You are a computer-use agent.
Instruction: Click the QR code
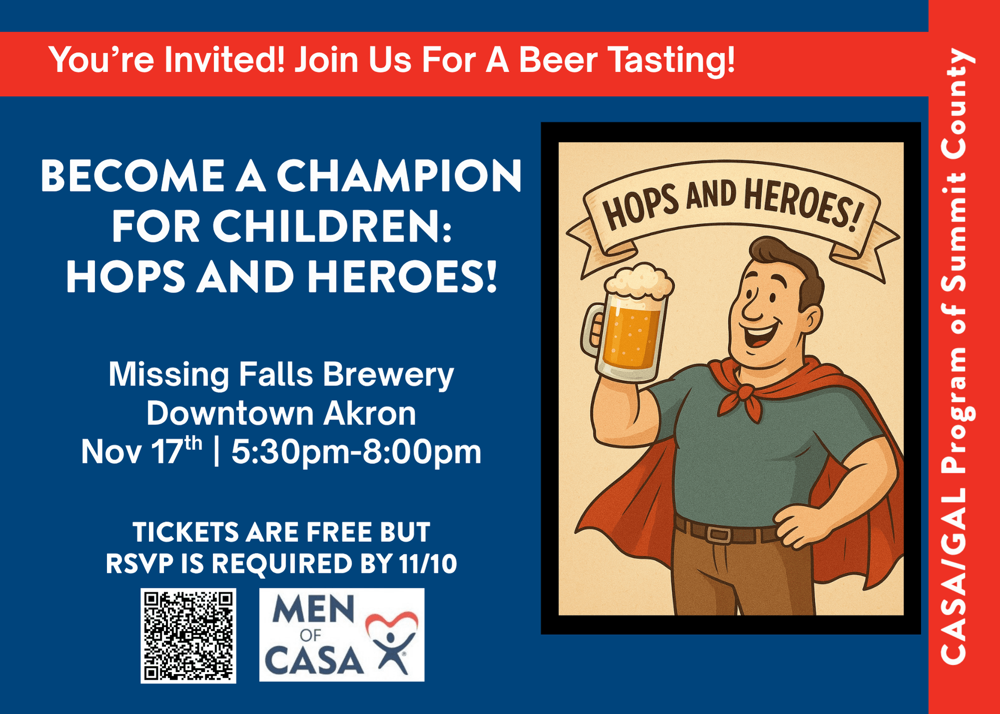tap(188, 635)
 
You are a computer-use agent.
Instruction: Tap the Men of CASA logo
tap(341, 634)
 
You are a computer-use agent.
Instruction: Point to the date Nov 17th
tap(141, 451)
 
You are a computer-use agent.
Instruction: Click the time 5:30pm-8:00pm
tap(356, 452)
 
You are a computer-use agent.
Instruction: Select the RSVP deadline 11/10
tap(428, 563)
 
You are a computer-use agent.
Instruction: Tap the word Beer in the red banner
tap(558, 60)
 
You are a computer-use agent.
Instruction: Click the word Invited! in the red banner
tap(224, 60)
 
